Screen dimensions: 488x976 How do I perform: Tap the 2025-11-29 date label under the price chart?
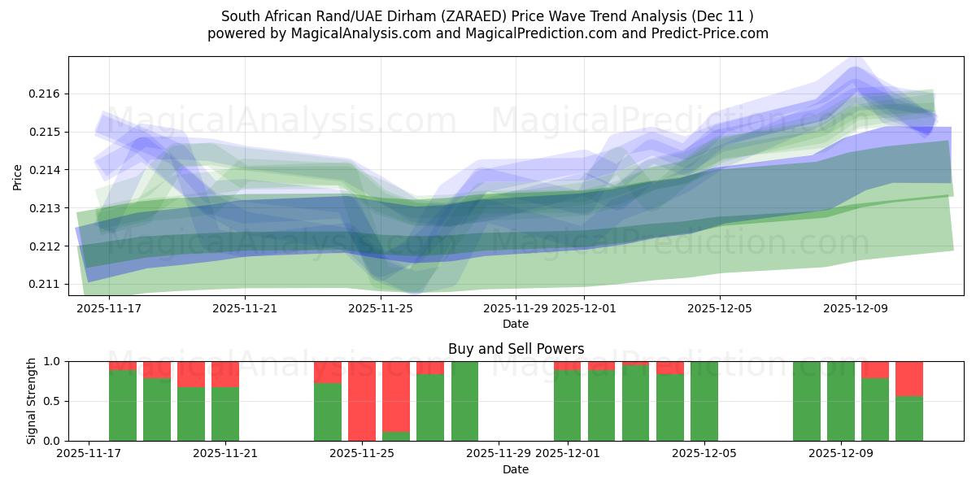pyautogui.click(x=516, y=308)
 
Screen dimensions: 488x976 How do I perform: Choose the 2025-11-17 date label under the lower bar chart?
pyautogui.click(x=89, y=454)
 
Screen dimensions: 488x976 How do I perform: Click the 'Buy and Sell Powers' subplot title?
pyautogui.click(x=516, y=349)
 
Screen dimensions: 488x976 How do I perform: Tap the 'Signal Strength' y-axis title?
pyautogui.click(x=32, y=401)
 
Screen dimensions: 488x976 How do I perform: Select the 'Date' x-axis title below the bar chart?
pyautogui.click(x=516, y=469)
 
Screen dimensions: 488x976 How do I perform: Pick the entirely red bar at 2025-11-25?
pyautogui.click(x=362, y=401)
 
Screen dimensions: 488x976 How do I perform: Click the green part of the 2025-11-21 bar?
pyautogui.click(x=225, y=414)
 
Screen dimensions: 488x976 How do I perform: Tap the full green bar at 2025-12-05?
pyautogui.click(x=704, y=401)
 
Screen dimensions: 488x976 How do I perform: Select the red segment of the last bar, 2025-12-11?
pyautogui.click(x=909, y=378)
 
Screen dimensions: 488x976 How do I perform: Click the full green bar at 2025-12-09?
pyautogui.click(x=841, y=401)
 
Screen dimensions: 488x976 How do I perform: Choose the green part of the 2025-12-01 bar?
pyautogui.click(x=567, y=406)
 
